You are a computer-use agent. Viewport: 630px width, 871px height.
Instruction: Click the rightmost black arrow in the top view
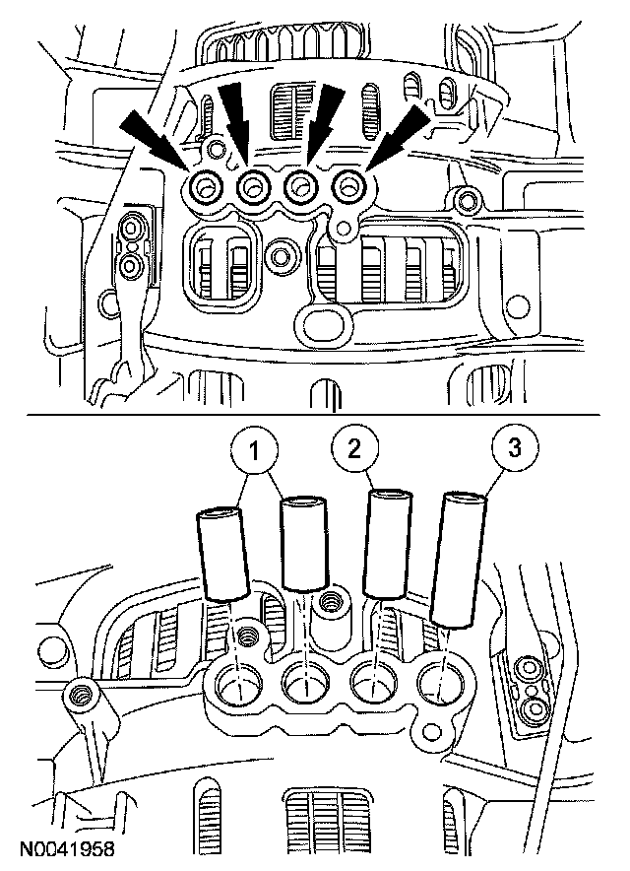404,134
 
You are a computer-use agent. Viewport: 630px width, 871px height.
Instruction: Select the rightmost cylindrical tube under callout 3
458,559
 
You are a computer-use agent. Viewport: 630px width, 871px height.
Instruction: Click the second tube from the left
303,543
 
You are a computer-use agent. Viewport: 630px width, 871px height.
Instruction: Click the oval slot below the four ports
321,323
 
